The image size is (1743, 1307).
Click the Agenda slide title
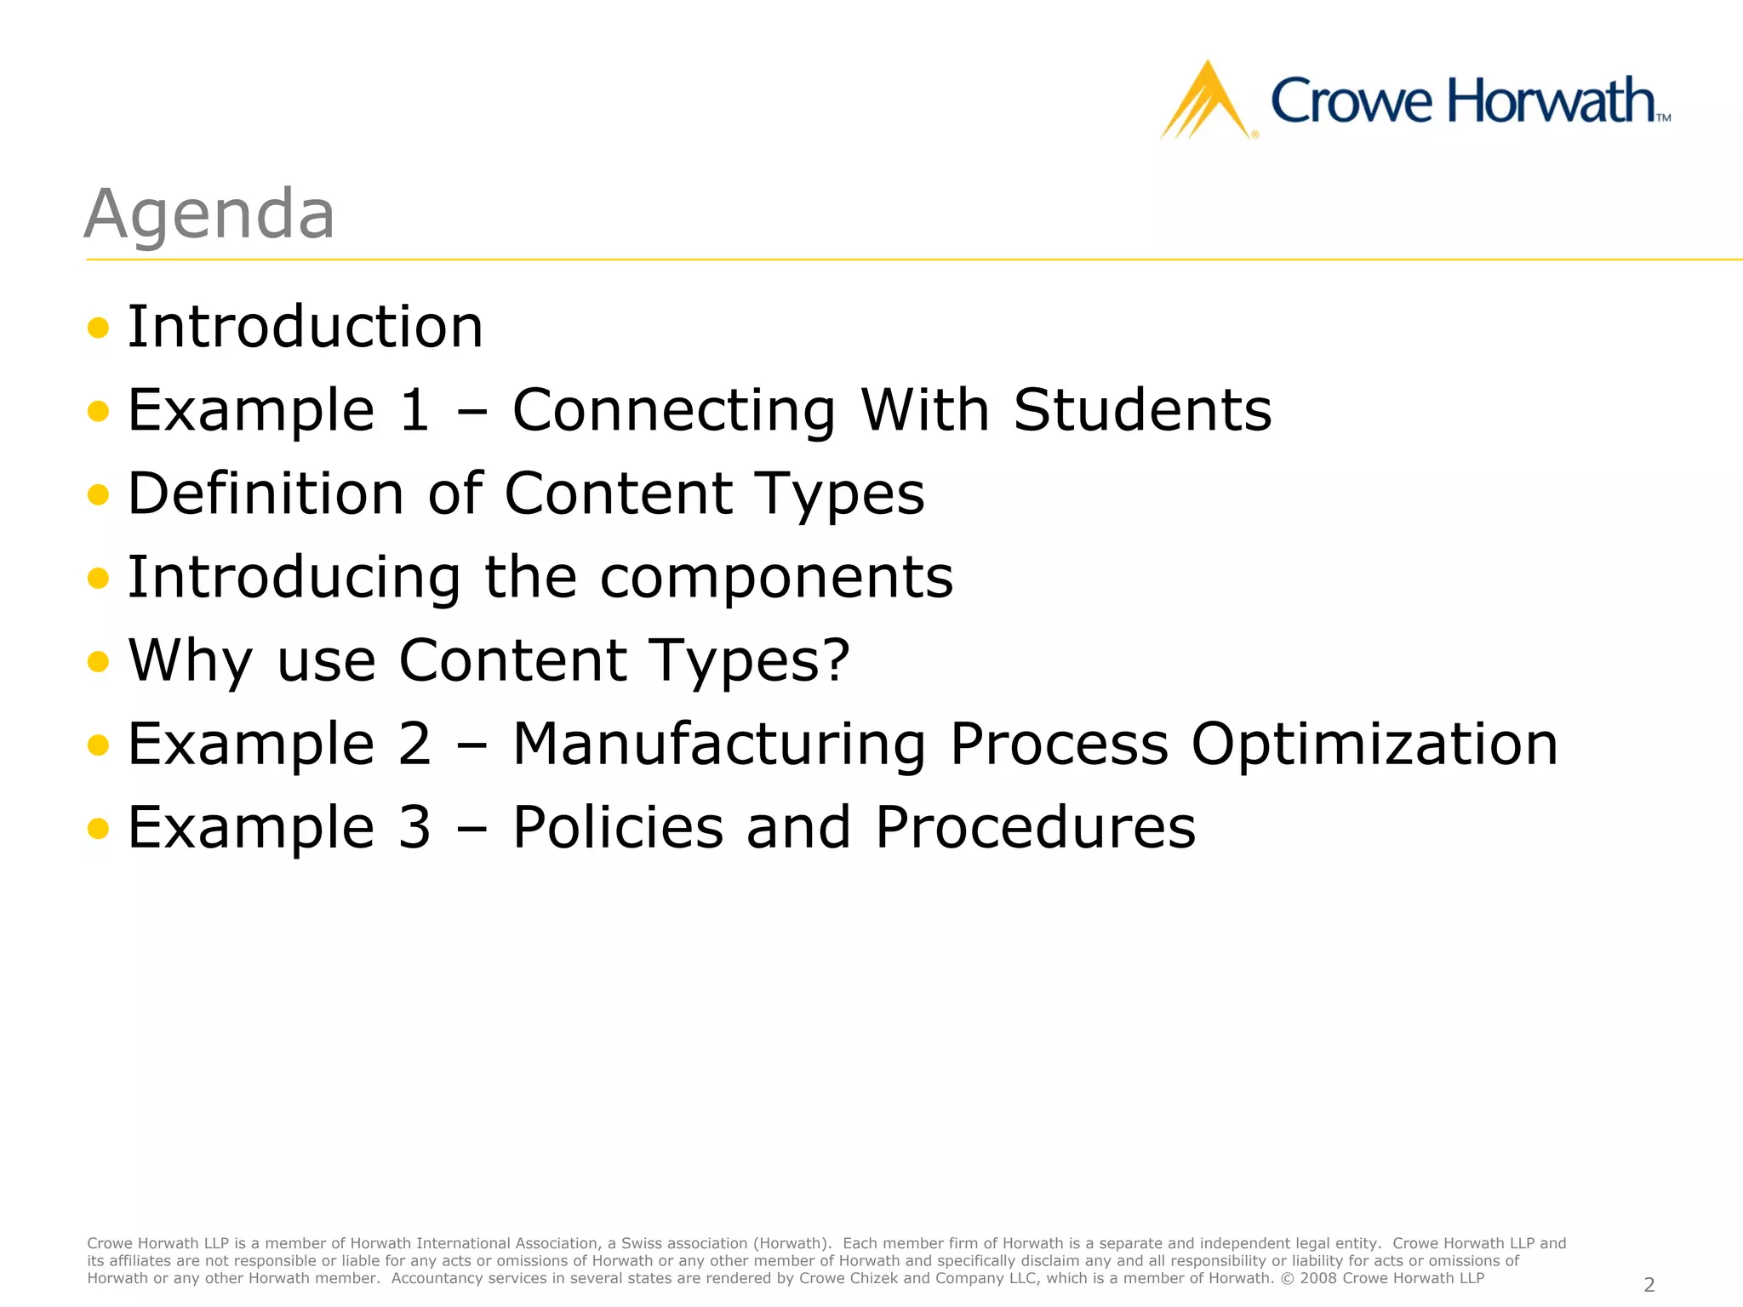tap(209, 214)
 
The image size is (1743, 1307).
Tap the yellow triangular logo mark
tap(1207, 102)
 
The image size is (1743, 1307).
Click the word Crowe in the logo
tap(1351, 102)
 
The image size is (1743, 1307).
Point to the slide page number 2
tap(1649, 1284)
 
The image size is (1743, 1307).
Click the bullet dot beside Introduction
tap(99, 328)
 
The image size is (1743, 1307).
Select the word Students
tap(1142, 410)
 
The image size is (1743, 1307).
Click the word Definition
tap(266, 494)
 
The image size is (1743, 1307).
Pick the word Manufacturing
tap(719, 745)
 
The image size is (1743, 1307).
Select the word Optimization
tap(1374, 745)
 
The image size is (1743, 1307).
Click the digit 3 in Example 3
tap(414, 827)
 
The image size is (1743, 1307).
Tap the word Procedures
tap(1035, 827)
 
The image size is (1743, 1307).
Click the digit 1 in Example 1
tap(414, 410)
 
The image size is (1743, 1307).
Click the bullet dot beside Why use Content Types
tap(99, 661)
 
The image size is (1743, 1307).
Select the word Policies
tap(617, 827)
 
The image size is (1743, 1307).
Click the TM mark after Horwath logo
tap(1663, 118)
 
